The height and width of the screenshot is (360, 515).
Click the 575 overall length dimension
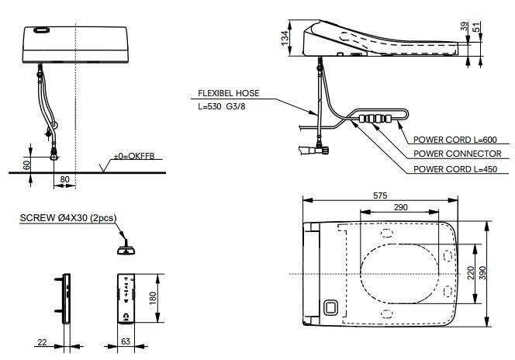(x=379, y=195)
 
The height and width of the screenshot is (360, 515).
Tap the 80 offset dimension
(x=64, y=180)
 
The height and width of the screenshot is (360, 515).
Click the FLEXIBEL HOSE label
(x=228, y=94)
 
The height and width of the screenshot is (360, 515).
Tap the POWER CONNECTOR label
(x=456, y=154)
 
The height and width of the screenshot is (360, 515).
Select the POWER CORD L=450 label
(x=455, y=168)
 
